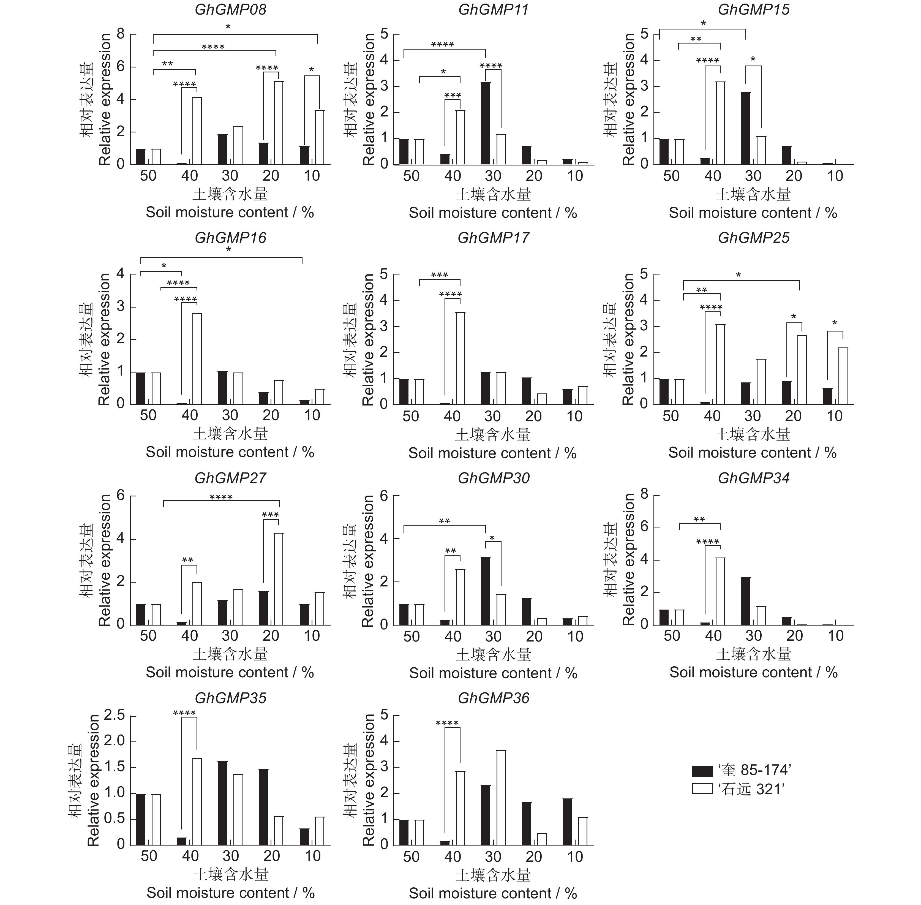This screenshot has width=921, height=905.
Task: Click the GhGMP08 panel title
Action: (x=230, y=10)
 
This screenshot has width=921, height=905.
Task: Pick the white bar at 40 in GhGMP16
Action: (x=197, y=358)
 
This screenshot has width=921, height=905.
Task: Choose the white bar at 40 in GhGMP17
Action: (x=460, y=358)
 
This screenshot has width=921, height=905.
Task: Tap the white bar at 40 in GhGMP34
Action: (x=720, y=591)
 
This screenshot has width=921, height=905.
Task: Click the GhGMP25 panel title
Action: (x=754, y=238)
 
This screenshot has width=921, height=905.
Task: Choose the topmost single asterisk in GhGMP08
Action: (x=228, y=27)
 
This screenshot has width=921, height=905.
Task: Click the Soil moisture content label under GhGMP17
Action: (x=492, y=453)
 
